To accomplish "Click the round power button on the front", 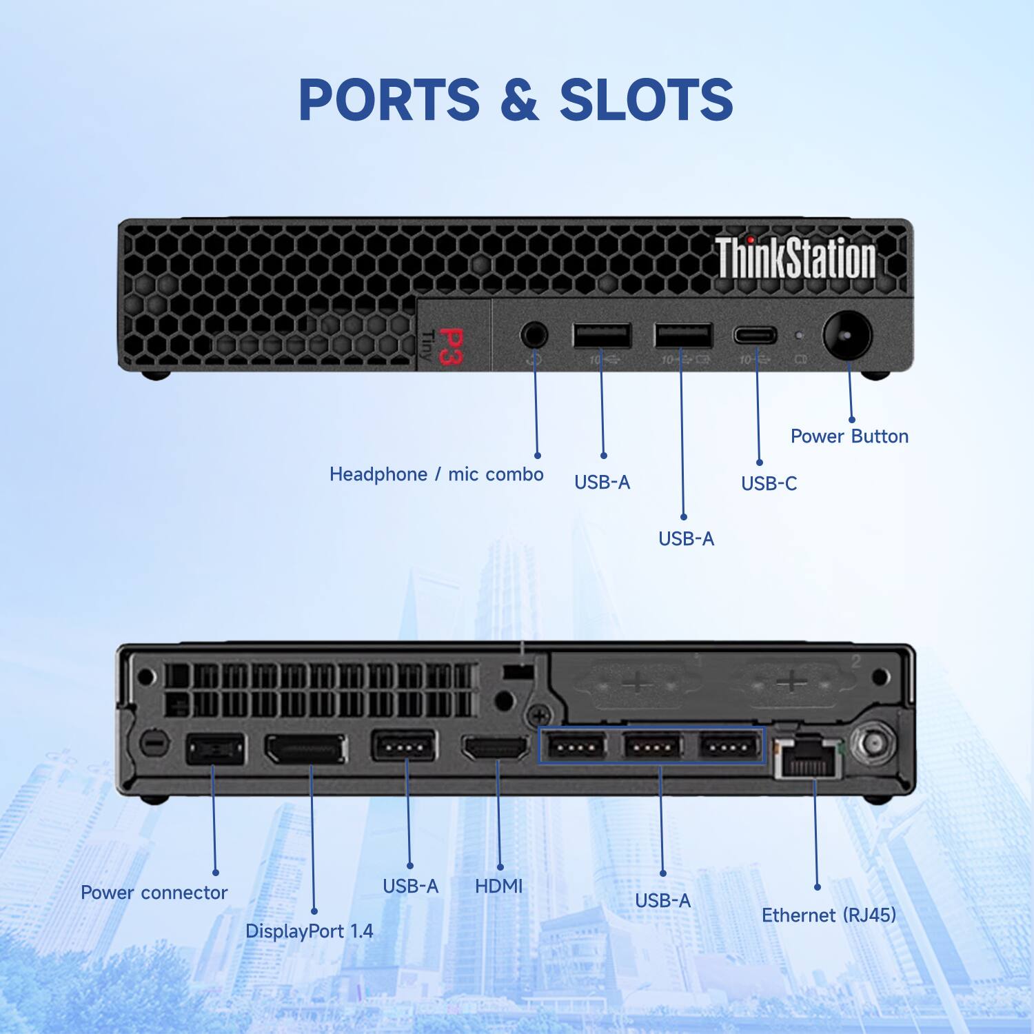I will pos(847,336).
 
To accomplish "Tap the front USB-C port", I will pos(754,336).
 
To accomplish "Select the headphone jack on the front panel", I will pos(534,336).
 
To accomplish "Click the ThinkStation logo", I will pos(795,258).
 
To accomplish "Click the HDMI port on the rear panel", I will pos(496,749).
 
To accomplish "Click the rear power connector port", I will pos(216,749).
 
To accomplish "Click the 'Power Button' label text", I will pos(849,436).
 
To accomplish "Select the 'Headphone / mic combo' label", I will pos(436,474).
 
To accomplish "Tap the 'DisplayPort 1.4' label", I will pos(309,931).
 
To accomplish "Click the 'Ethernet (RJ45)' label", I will pos(829,915).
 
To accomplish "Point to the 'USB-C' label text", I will pos(769,484).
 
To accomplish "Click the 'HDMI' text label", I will pos(498,886).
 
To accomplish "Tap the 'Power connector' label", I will pos(154,893).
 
